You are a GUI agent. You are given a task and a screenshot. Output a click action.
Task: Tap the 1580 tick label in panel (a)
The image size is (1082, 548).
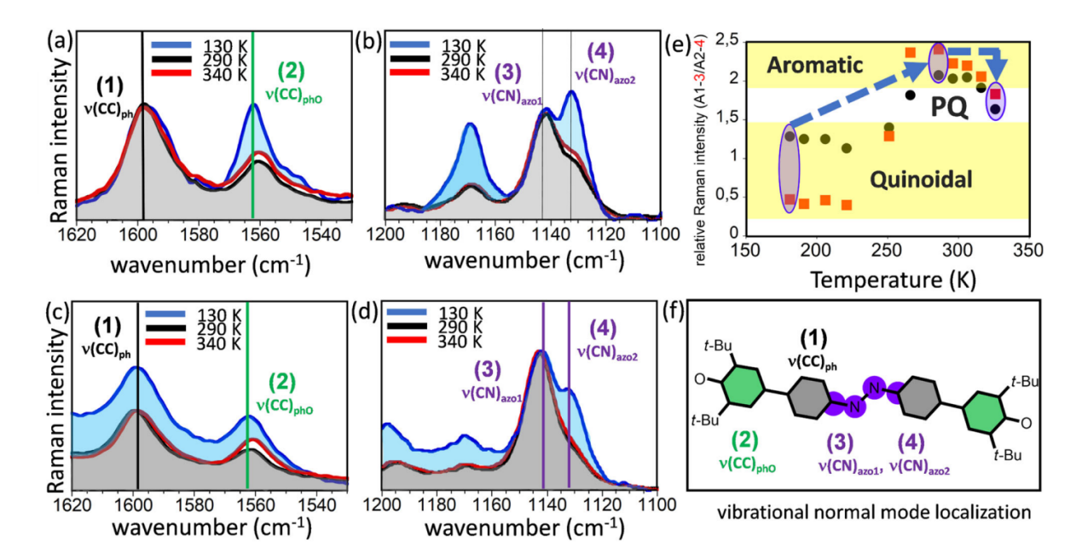(197, 232)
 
